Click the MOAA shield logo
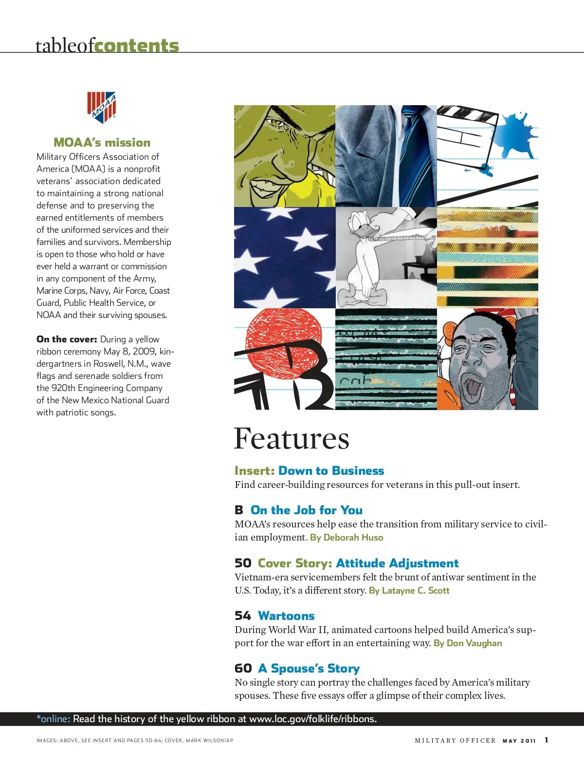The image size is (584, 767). coord(102,107)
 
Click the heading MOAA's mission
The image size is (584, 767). coord(102,143)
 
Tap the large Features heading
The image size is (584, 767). coord(291,439)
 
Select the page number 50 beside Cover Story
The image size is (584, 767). coord(243,563)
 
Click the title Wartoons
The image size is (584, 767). coord(286,616)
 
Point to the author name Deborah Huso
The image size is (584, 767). coord(353,538)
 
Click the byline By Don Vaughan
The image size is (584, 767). coord(468,643)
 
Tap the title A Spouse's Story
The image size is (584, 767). coord(309,669)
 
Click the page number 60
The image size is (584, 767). coord(243,669)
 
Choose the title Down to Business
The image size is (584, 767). coord(331,471)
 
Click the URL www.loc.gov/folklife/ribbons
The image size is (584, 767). coord(312,719)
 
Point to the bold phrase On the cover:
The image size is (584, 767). coord(67,339)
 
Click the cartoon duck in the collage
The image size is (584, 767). coord(365,253)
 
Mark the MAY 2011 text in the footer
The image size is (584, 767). coord(519,741)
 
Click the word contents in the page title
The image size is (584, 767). coord(137,46)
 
